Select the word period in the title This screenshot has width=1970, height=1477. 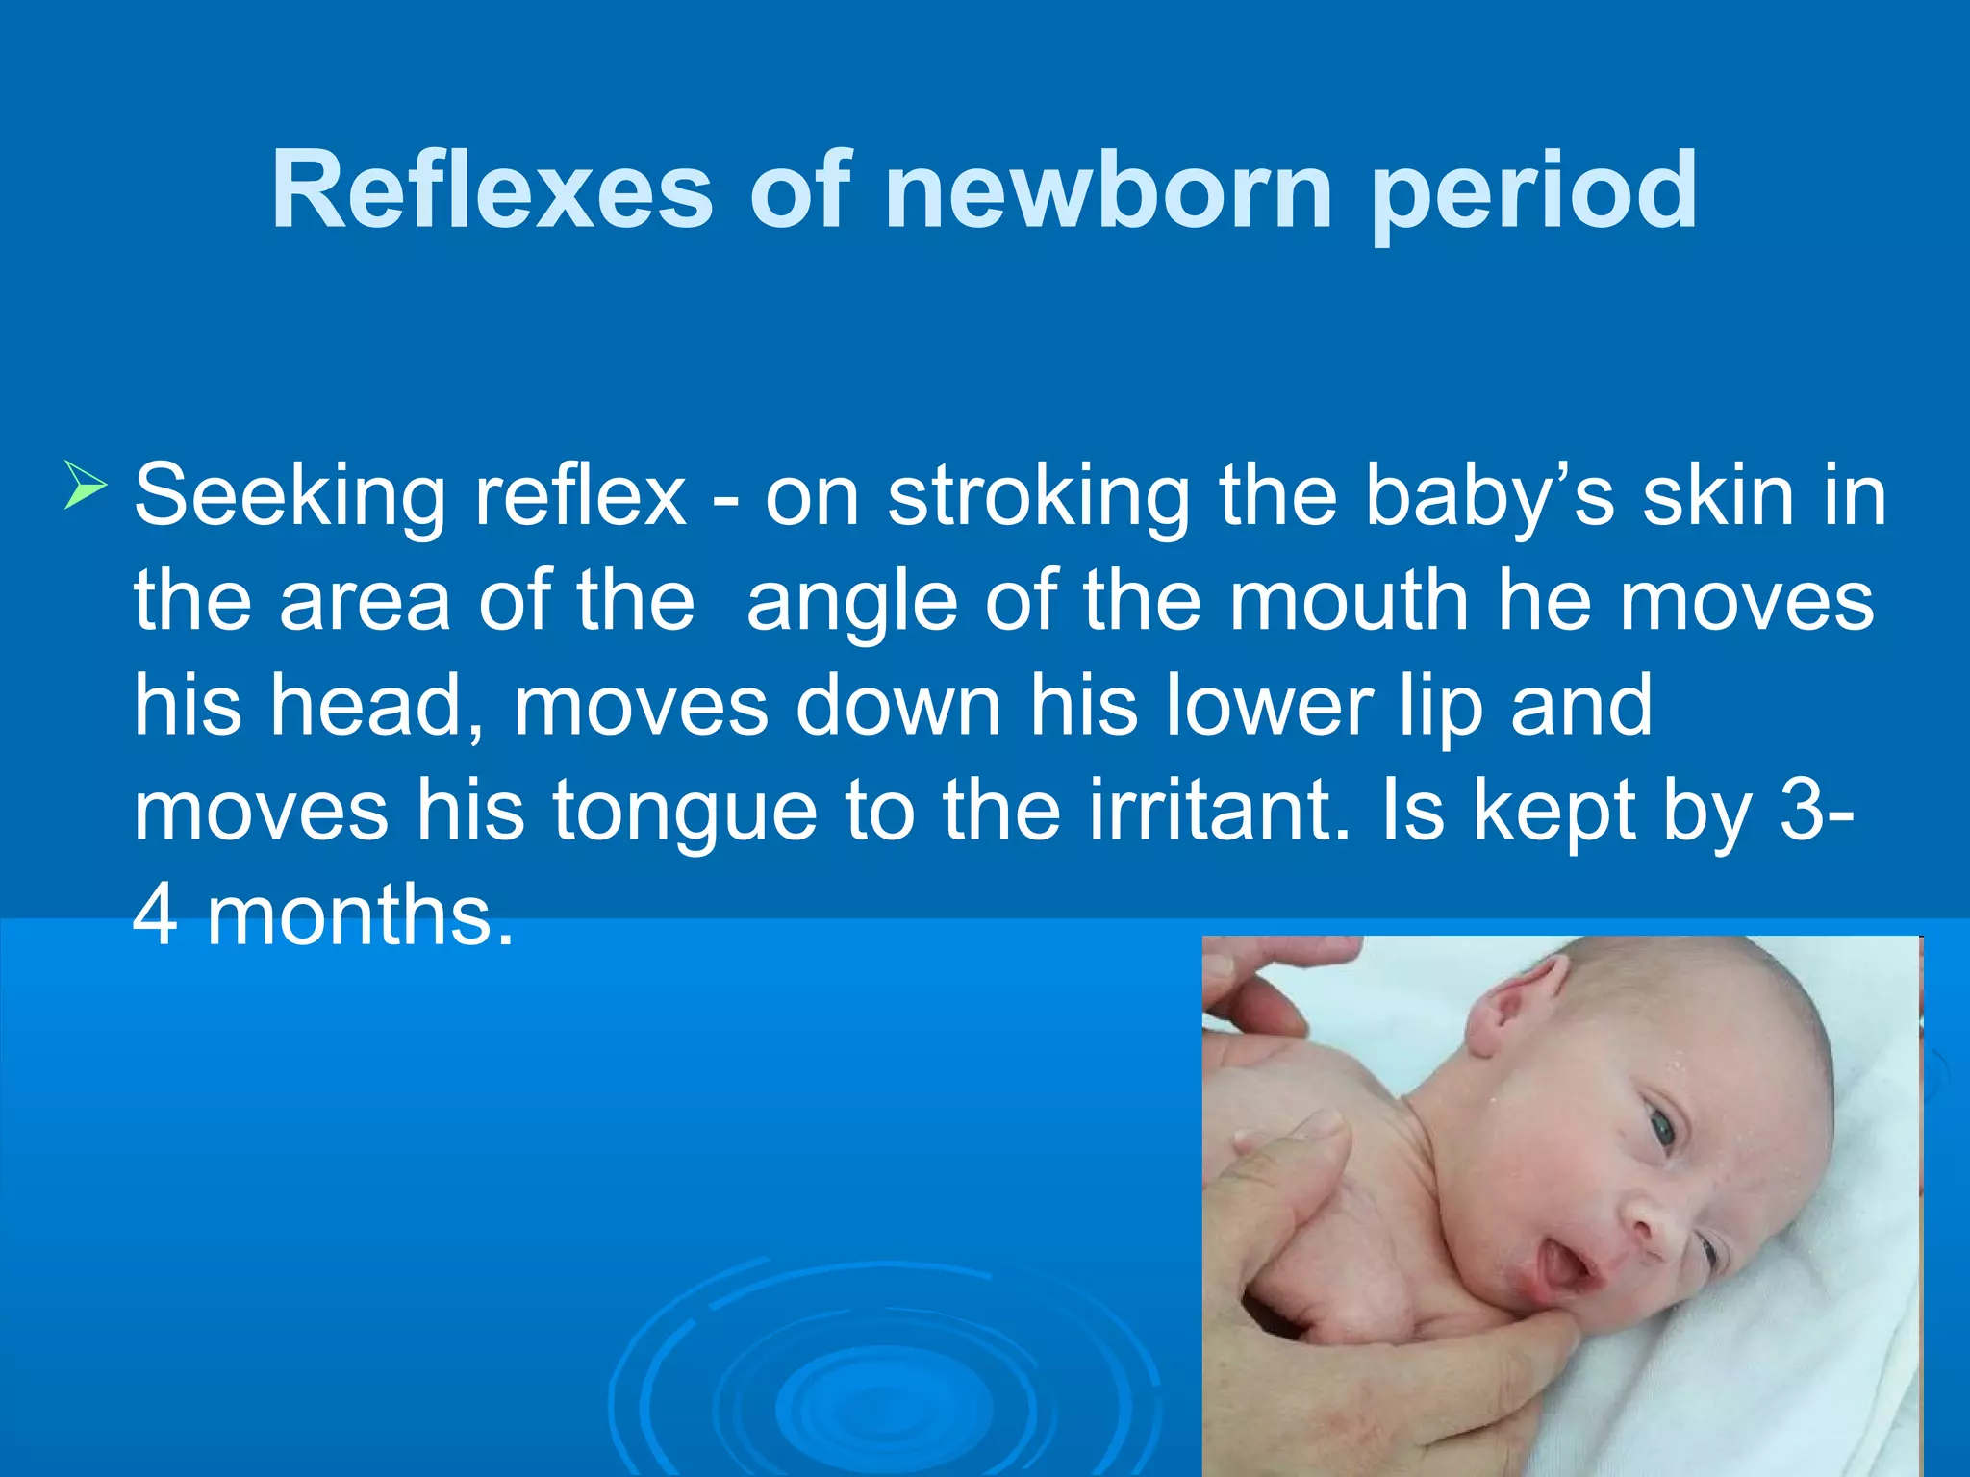[1533, 192]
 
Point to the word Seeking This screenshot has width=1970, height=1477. [289, 498]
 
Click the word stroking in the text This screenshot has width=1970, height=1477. [1039, 498]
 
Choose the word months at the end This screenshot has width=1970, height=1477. [361, 915]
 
